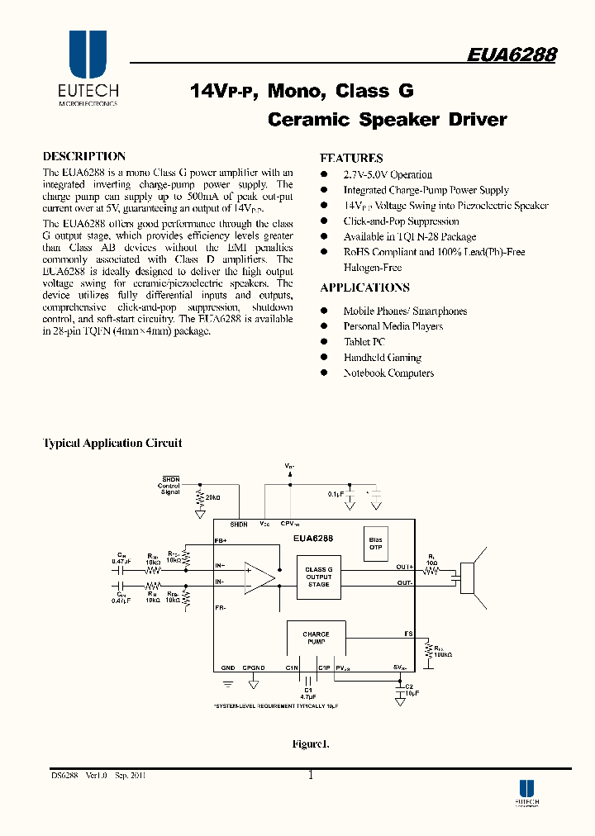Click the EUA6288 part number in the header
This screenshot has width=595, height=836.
511,55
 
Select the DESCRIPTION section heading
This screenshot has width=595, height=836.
83,156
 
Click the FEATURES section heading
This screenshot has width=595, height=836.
351,158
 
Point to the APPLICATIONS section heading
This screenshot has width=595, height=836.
364,287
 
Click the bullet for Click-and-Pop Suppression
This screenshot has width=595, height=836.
325,221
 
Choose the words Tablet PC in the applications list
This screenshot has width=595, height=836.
364,342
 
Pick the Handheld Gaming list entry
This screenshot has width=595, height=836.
382,358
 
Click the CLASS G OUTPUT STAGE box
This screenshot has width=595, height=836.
318,577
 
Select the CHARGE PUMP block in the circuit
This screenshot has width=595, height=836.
316,638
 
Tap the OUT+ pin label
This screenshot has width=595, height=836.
404,567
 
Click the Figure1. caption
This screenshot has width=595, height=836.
311,744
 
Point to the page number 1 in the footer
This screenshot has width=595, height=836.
311,775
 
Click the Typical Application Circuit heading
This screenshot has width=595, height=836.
112,444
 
